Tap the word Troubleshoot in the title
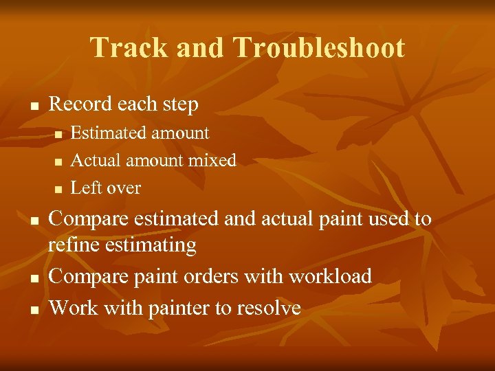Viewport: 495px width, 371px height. [x=319, y=48]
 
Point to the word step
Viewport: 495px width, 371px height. [x=180, y=105]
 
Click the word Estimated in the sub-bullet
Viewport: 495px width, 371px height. [x=104, y=133]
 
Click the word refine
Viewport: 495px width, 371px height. [x=71, y=245]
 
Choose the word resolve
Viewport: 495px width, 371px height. [x=269, y=308]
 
